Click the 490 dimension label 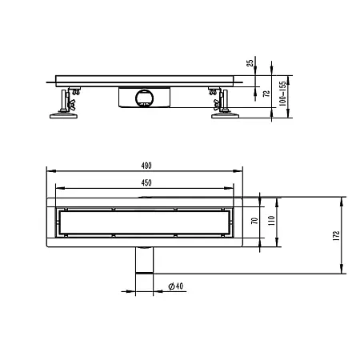[146, 166]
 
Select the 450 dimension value [146, 182]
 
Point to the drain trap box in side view [144, 98]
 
